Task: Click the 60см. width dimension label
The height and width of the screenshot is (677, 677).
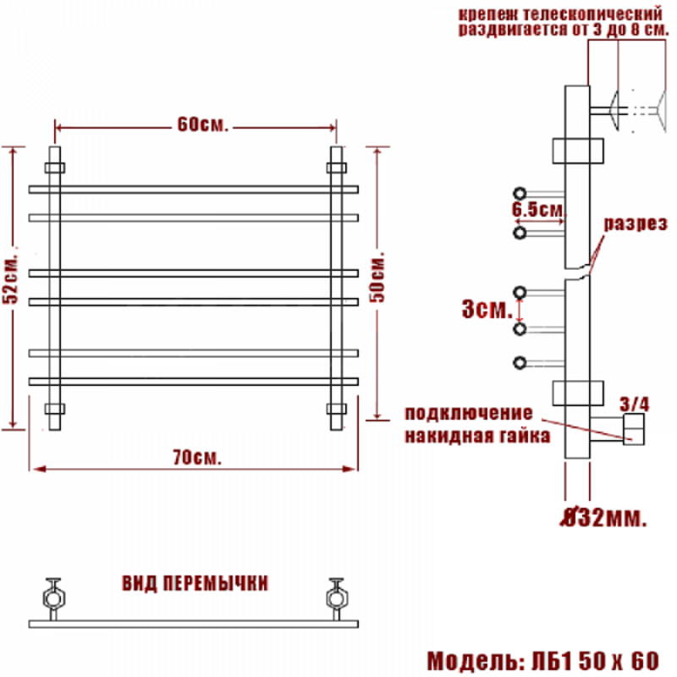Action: click(x=202, y=124)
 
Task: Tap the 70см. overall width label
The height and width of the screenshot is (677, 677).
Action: click(x=197, y=458)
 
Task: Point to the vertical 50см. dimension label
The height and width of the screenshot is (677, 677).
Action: click(x=377, y=278)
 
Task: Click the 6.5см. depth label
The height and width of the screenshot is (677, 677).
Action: click(x=538, y=210)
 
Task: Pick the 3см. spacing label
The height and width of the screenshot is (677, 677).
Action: click(x=487, y=309)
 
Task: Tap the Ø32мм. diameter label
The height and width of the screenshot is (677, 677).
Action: click(x=603, y=517)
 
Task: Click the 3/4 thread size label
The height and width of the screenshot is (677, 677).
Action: click(x=634, y=405)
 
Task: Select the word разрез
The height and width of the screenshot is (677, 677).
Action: click(x=636, y=223)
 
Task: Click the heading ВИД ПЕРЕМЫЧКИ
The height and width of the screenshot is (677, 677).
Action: click(x=195, y=583)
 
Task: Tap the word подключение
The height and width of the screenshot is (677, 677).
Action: click(x=469, y=414)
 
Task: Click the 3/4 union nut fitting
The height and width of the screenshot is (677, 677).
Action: click(x=634, y=429)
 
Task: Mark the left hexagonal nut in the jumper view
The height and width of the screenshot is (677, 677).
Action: click(x=54, y=599)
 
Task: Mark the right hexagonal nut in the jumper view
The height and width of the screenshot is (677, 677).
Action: click(x=336, y=599)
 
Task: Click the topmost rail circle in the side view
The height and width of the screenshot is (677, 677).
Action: click(x=520, y=194)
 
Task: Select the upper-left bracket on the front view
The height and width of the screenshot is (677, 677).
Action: click(x=54, y=168)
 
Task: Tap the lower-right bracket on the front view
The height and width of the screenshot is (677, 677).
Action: click(x=336, y=409)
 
